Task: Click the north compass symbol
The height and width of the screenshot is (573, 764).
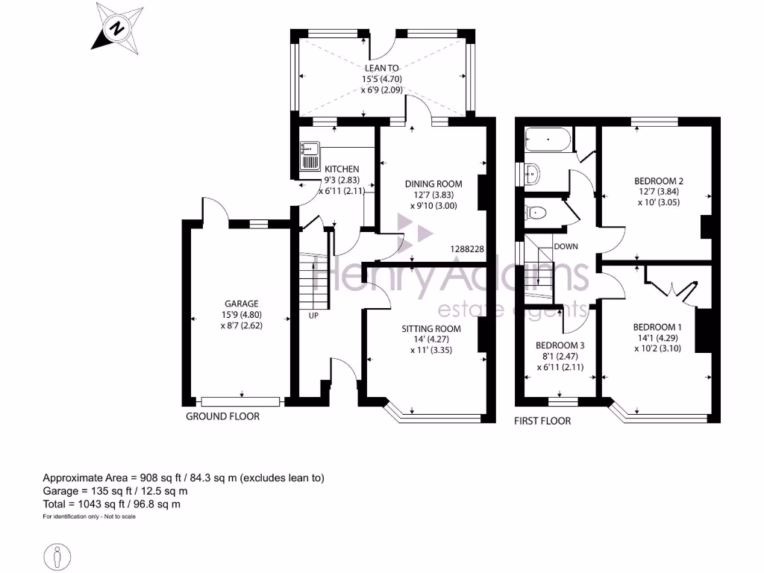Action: pyautogui.click(x=117, y=29)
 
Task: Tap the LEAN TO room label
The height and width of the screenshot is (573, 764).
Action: pyautogui.click(x=381, y=68)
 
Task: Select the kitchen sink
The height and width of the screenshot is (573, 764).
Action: pyautogui.click(x=308, y=155)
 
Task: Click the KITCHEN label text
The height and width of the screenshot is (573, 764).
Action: pyautogui.click(x=341, y=169)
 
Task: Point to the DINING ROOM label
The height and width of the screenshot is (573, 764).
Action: pyautogui.click(x=433, y=184)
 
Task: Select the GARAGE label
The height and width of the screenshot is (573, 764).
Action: pyautogui.click(x=242, y=304)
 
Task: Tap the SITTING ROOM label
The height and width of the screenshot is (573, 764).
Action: pyautogui.click(x=431, y=328)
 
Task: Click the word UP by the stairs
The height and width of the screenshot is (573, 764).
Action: pyautogui.click(x=314, y=316)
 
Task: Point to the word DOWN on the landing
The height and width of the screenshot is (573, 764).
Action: pyautogui.click(x=566, y=245)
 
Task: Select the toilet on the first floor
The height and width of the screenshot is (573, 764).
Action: pyautogui.click(x=536, y=213)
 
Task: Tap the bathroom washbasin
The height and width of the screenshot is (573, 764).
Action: pyautogui.click(x=532, y=174)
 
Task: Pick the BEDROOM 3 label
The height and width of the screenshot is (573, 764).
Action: pyautogui.click(x=560, y=345)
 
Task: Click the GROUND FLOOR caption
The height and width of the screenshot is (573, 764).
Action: pyautogui.click(x=222, y=416)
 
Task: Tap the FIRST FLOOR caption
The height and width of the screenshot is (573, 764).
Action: pyautogui.click(x=542, y=421)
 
